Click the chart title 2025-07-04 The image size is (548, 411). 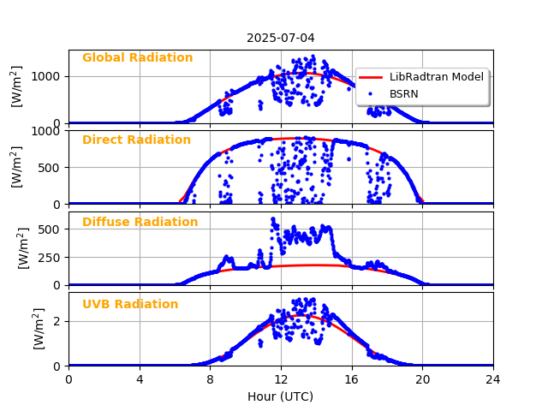click(x=281, y=38)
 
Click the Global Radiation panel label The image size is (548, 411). click(x=137, y=58)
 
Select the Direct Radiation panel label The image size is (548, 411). click(x=136, y=140)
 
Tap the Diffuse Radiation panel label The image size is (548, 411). click(x=140, y=223)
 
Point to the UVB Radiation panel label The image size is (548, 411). click(x=130, y=305)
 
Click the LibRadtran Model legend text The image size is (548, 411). click(x=436, y=77)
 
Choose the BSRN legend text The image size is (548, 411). click(x=403, y=93)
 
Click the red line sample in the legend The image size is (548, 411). click(x=372, y=77)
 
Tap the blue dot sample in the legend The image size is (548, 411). click(x=372, y=93)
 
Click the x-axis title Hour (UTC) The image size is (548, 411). click(x=281, y=397)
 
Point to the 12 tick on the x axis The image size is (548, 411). click(x=281, y=378)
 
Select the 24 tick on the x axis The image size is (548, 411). click(x=493, y=378)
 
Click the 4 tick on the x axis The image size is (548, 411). click(x=140, y=378)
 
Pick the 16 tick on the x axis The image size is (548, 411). click(x=352, y=378)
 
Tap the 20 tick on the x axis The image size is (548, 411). click(x=422, y=378)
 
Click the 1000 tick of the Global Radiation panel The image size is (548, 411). click(x=46, y=76)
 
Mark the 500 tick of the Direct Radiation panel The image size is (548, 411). click(x=50, y=167)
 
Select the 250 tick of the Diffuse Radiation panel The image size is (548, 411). click(x=50, y=257)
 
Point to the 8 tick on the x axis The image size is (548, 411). click(x=210, y=378)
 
